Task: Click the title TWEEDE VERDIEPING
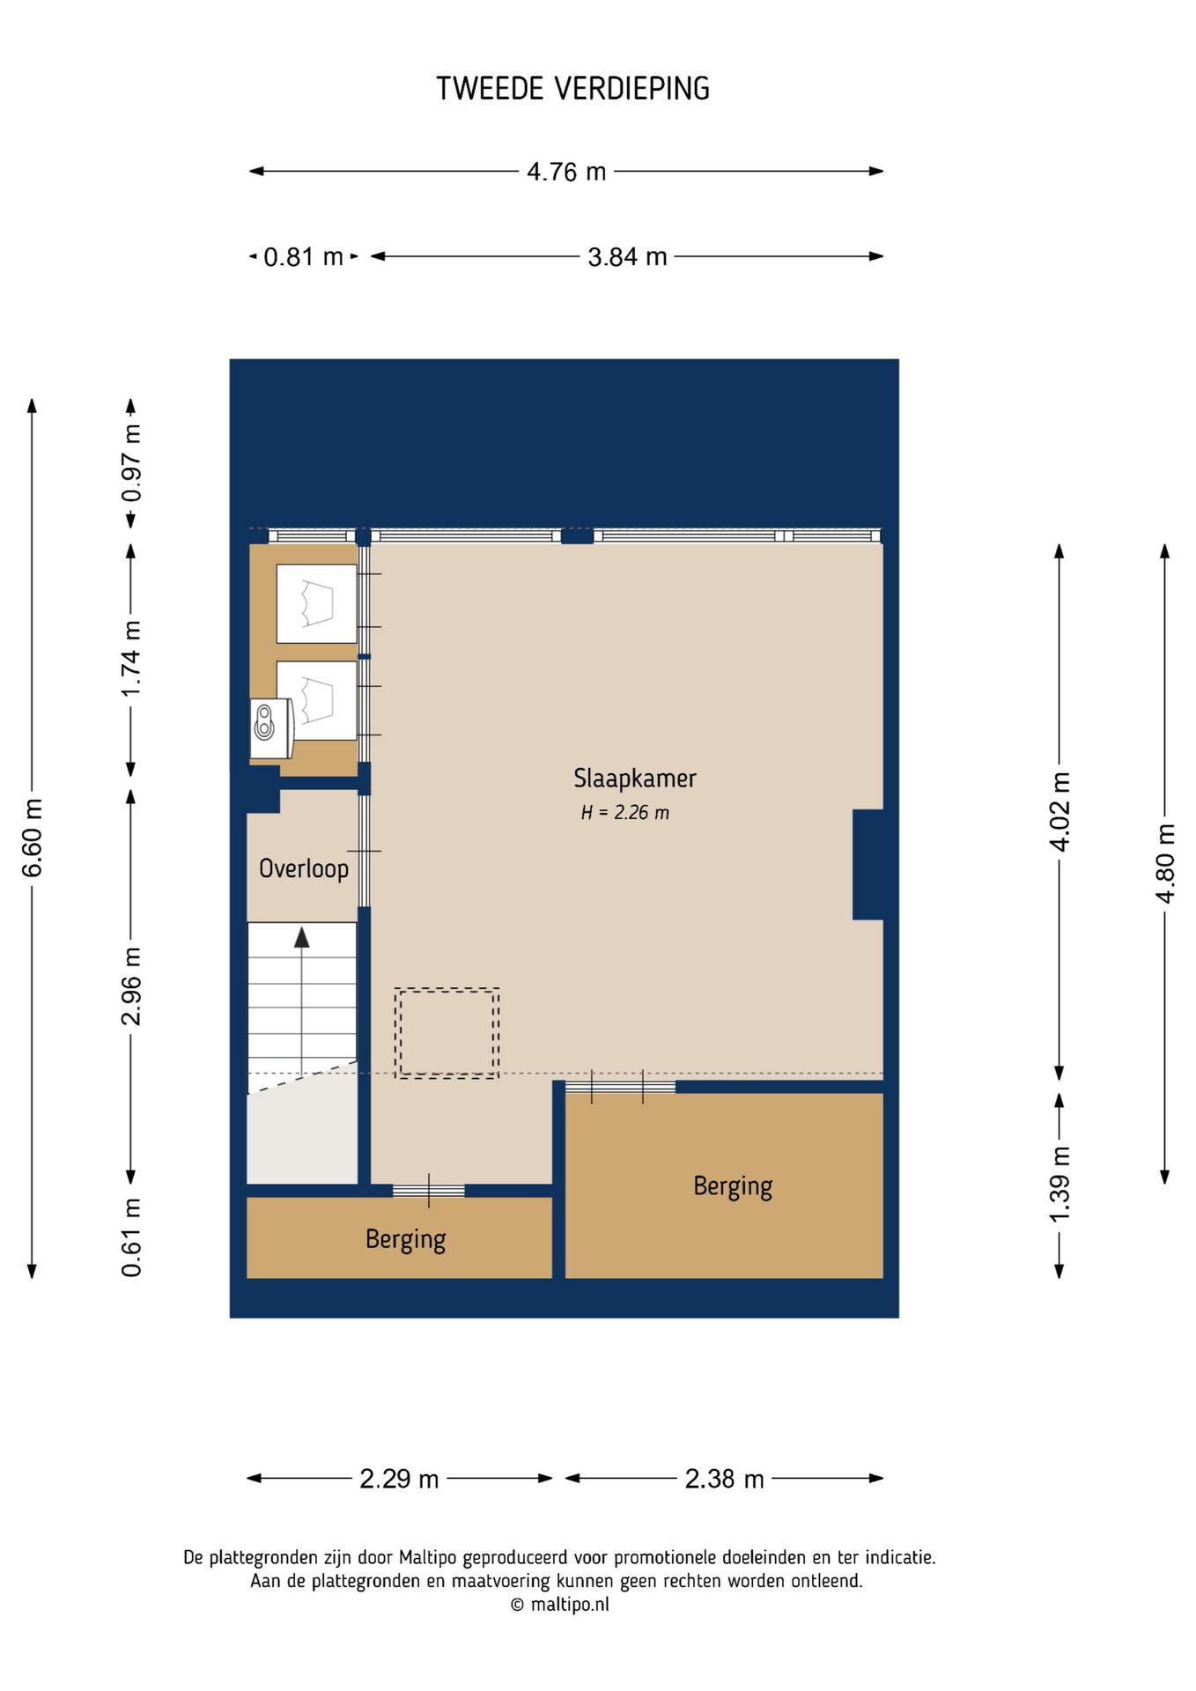[572, 88]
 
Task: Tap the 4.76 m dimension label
[566, 172]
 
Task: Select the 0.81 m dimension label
[303, 257]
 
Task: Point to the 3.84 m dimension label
[627, 257]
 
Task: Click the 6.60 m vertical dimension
[33, 838]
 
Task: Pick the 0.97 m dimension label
[131, 463]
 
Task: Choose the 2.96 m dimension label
[131, 986]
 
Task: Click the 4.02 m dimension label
[1060, 812]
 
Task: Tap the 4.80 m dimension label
[1165, 863]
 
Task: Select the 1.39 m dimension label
[1060, 1184]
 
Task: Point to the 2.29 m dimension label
[399, 1479]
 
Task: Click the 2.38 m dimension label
[724, 1479]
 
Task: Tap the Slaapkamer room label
[635, 779]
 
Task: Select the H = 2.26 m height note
[625, 813]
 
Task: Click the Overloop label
[304, 869]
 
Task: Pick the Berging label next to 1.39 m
[733, 1186]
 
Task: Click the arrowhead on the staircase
[302, 937]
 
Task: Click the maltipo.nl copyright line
[560, 1605]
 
